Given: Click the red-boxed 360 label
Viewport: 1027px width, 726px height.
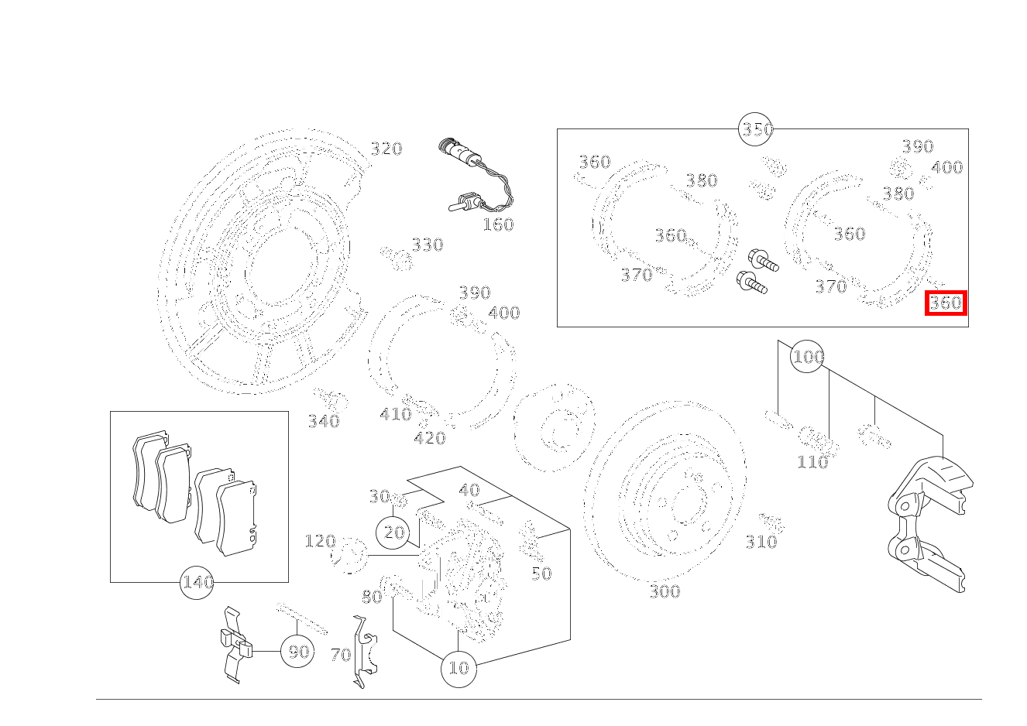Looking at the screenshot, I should click(946, 303).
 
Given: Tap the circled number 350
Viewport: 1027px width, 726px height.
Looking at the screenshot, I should click(757, 129).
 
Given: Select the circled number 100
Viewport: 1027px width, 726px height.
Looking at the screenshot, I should click(808, 357).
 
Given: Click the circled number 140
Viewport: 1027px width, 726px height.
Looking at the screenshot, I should click(197, 582).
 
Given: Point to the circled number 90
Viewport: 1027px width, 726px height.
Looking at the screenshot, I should click(298, 652).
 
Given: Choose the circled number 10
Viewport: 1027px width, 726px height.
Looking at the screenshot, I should click(459, 667).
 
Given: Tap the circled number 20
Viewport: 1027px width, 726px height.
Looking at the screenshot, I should click(394, 533).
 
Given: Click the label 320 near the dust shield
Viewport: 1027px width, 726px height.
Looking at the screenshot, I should click(386, 149).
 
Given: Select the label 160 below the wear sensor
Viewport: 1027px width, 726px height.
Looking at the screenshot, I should click(498, 224).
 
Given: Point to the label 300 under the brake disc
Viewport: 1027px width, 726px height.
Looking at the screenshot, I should click(665, 592).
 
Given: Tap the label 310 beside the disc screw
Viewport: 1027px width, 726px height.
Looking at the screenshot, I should click(761, 542).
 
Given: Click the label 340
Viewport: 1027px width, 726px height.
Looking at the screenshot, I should click(324, 421).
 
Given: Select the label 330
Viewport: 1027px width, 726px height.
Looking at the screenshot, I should click(427, 245).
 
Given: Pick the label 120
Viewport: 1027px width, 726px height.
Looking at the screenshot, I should click(320, 541).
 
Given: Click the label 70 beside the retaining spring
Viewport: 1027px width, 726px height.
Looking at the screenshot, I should click(340, 655).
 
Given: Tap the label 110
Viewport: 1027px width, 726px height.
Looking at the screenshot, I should click(812, 462).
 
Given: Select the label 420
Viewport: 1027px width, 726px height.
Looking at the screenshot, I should click(429, 439).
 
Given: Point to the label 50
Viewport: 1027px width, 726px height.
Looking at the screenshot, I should click(541, 574).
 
